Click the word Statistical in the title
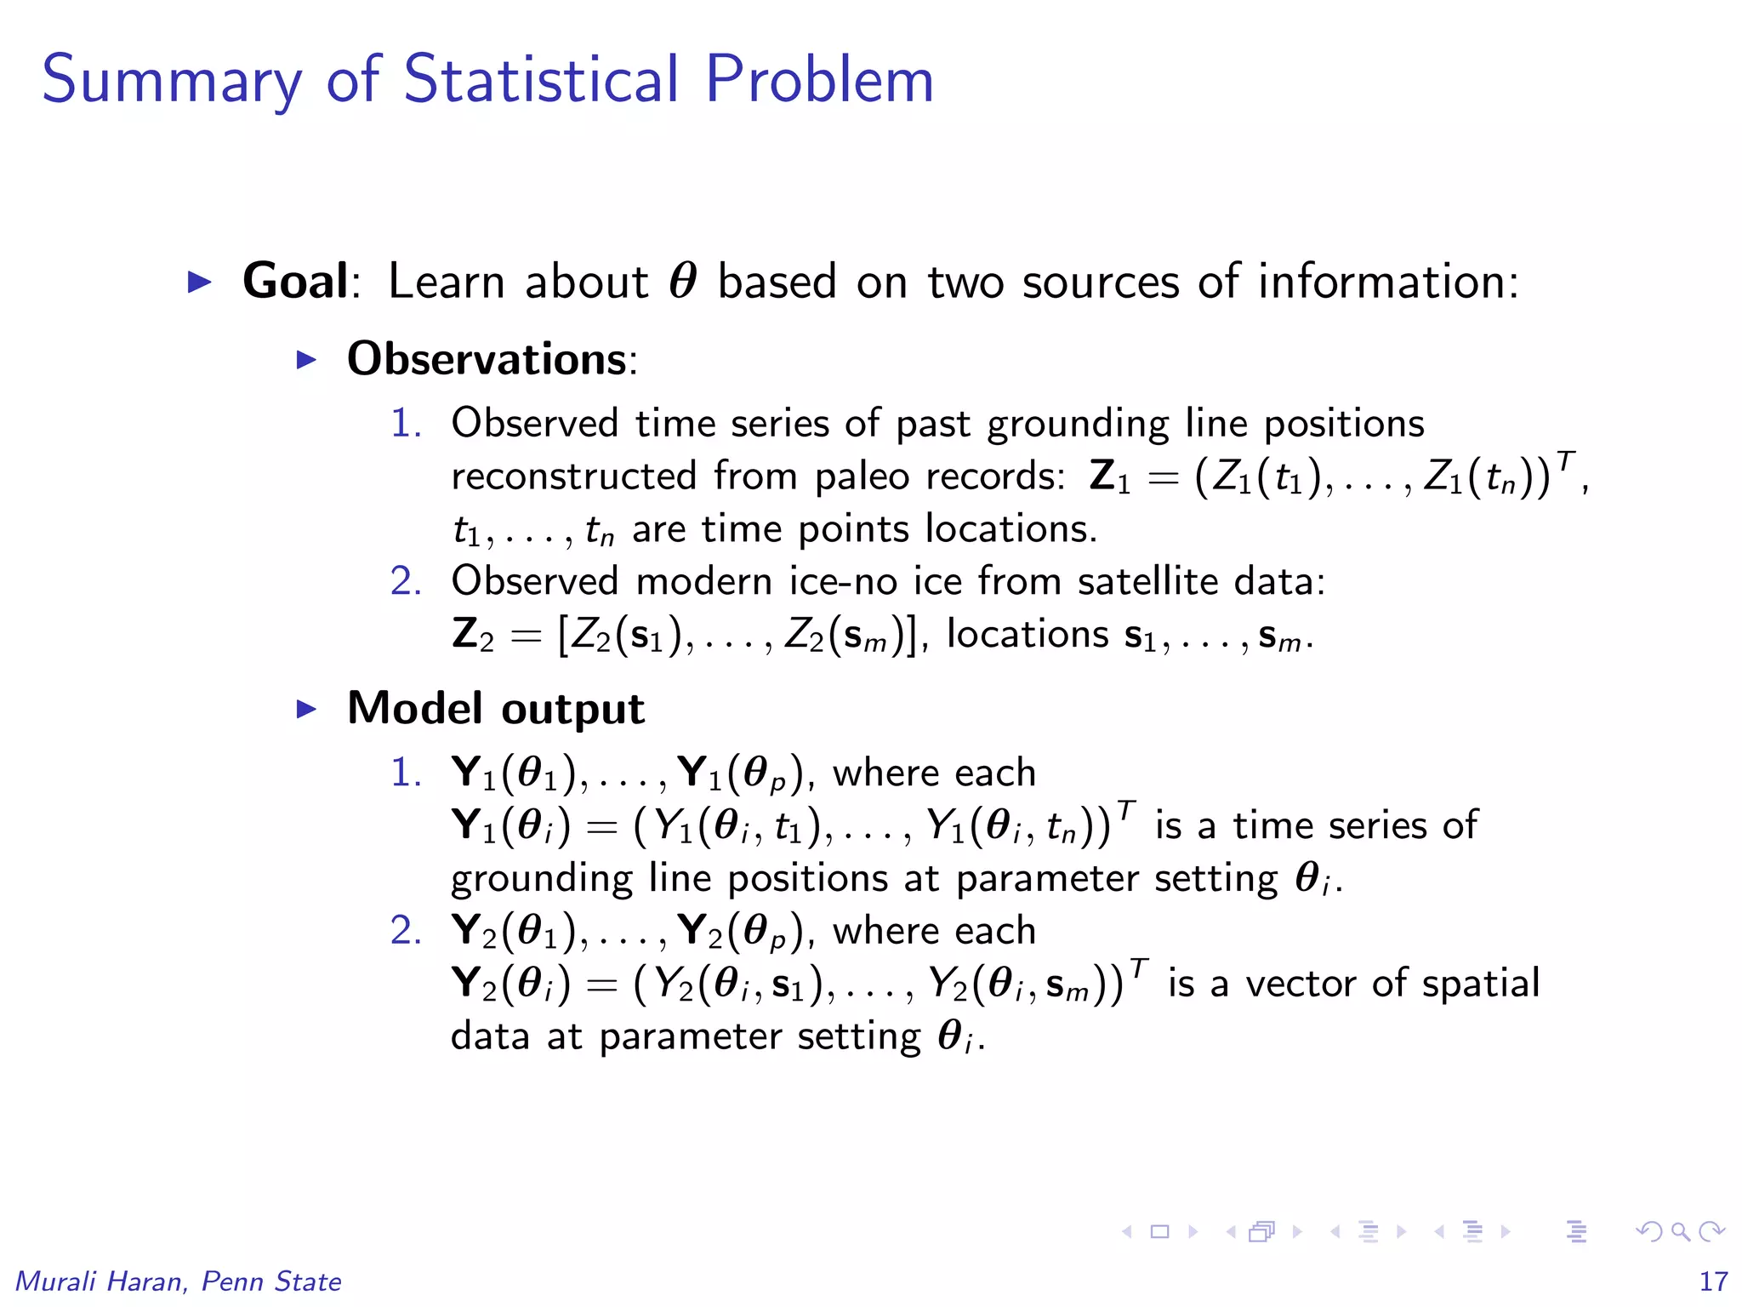pyautogui.click(x=541, y=79)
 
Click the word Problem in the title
pyautogui.click(x=819, y=79)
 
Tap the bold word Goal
pyautogui.click(x=295, y=281)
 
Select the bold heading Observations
pyautogui.click(x=487, y=359)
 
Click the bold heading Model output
pyautogui.click(x=496, y=709)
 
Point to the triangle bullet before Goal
pyautogui.click(x=199, y=282)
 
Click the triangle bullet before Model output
pyautogui.click(x=306, y=709)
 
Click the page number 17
pyautogui.click(x=1713, y=1281)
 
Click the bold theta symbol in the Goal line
pyautogui.click(x=683, y=281)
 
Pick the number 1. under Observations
pyautogui.click(x=406, y=423)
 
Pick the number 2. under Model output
pyautogui.click(x=406, y=930)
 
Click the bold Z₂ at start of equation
pyautogui.click(x=472, y=635)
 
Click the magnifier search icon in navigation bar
pyautogui.click(x=1680, y=1231)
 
